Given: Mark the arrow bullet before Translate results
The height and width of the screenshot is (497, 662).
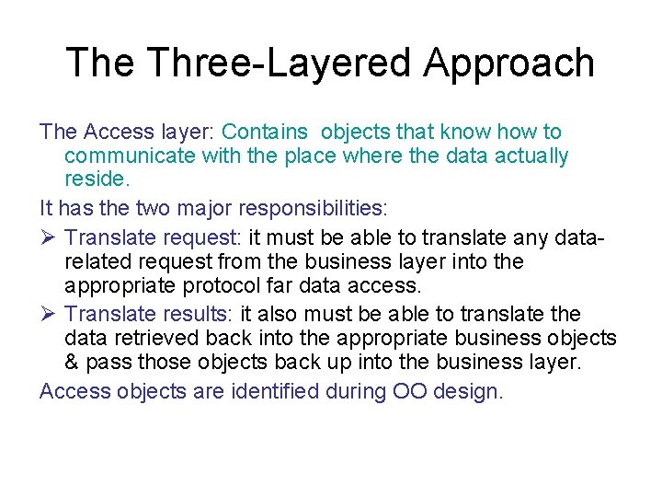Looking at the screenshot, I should coord(50,313).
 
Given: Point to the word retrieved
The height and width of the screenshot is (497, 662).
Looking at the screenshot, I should coord(160,337).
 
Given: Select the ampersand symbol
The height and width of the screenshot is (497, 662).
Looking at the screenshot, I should coord(73,362).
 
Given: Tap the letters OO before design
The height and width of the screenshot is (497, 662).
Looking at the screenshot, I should coord(410,391).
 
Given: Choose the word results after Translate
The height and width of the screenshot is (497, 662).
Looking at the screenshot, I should coord(197,313).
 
